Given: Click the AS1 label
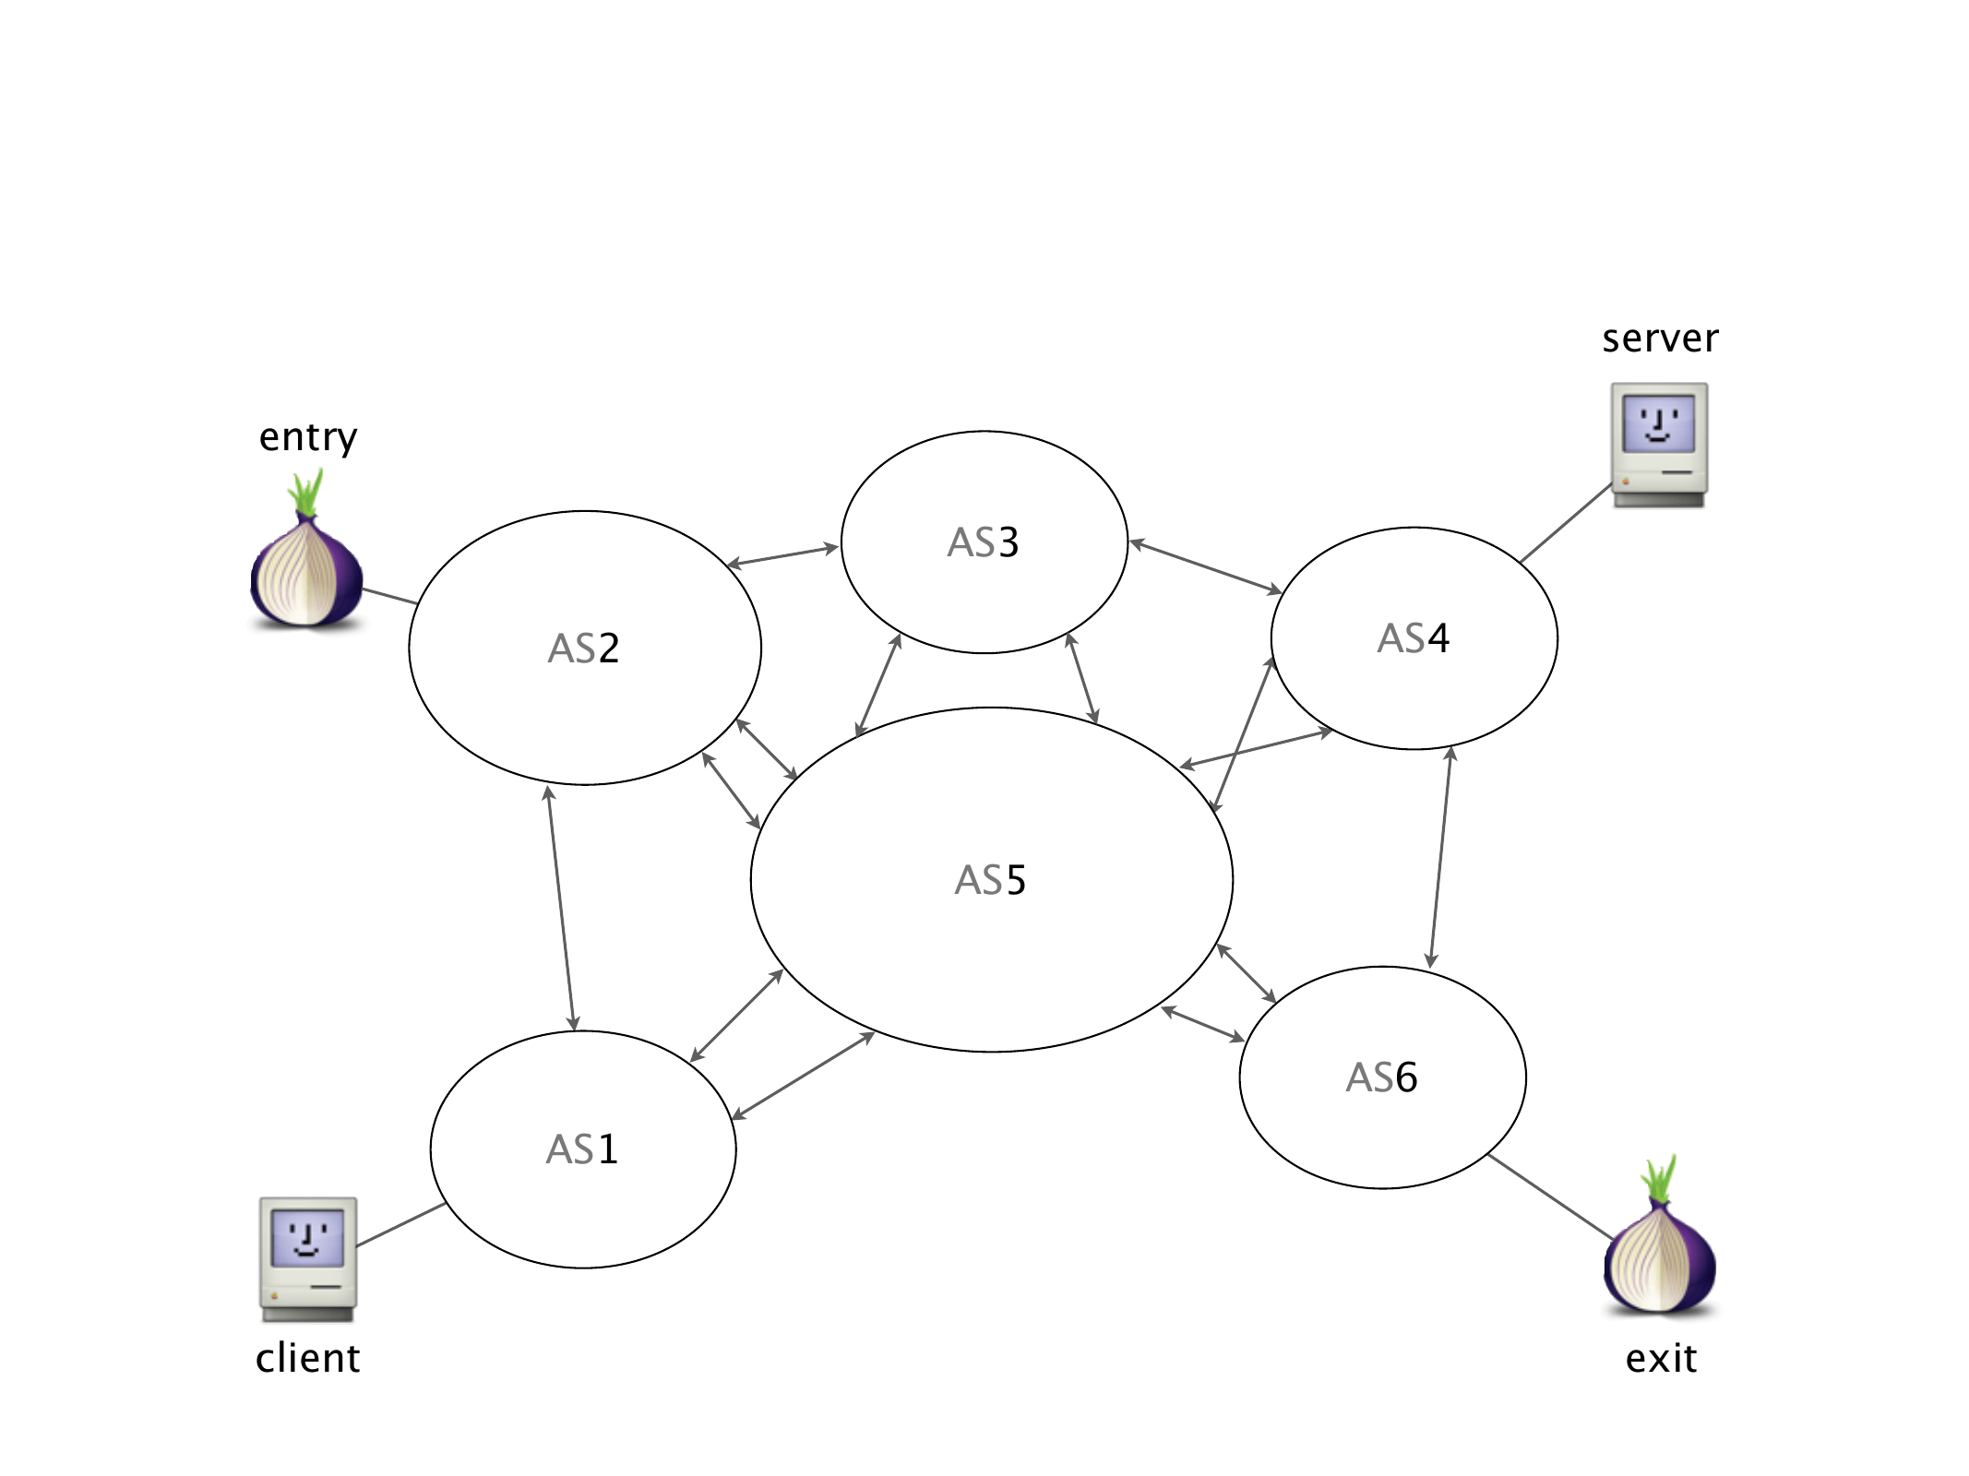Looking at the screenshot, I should [x=582, y=1149].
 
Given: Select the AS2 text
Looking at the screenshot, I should [x=584, y=649].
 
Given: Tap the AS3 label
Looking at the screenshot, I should [x=984, y=542].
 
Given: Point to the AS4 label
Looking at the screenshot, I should [x=1414, y=638].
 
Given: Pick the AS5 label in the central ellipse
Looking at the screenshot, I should [x=991, y=880].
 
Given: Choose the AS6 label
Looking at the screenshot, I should [x=1382, y=1077].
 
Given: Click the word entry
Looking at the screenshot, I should [x=308, y=437].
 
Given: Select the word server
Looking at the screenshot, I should [x=1660, y=339].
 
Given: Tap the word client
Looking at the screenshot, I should [x=308, y=1358].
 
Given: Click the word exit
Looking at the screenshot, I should [x=1661, y=1358].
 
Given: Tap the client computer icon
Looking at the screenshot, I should [x=308, y=1258].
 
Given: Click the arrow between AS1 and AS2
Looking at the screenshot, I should [x=561, y=909].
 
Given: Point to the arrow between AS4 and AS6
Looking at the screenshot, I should [x=1440, y=858].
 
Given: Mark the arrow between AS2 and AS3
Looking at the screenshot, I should [x=782, y=555].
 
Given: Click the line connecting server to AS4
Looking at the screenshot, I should [x=1566, y=523].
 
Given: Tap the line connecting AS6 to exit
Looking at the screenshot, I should [x=1551, y=1196].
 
